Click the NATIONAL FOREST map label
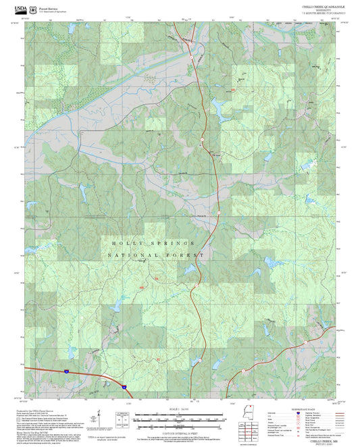click(155, 256)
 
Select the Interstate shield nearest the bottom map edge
click(124, 386)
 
